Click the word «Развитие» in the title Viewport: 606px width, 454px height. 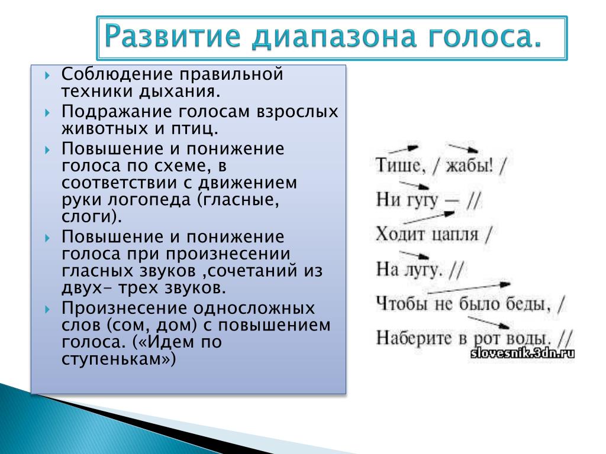coord(172,36)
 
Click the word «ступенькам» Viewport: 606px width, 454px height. coord(115,359)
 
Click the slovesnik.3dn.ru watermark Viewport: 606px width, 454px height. coord(523,353)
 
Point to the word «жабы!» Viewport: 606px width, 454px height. coord(469,166)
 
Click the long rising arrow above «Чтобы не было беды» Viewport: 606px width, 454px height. coord(469,288)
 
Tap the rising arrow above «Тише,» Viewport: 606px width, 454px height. coord(403,149)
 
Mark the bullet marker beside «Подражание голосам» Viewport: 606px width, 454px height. coord(47,113)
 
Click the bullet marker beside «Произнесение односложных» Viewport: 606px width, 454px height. coord(47,309)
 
